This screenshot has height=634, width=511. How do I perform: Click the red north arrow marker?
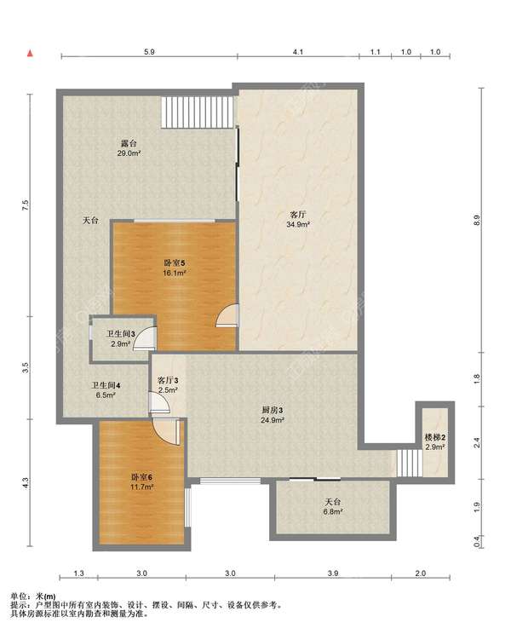pyautogui.click(x=30, y=54)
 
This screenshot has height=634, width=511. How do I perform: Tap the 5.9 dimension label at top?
pyautogui.click(x=149, y=52)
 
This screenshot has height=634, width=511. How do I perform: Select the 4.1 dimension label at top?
pyautogui.click(x=298, y=52)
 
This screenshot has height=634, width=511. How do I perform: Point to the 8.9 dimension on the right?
pyautogui.click(x=477, y=220)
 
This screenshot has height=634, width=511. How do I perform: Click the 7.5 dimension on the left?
pyautogui.click(x=26, y=205)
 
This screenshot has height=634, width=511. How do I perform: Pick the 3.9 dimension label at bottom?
pyautogui.click(x=333, y=573)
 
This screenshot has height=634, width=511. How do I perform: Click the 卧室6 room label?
pyautogui.click(x=141, y=477)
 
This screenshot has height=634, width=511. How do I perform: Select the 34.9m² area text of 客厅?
pyautogui.click(x=298, y=224)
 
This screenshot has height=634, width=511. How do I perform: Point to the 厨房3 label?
pyautogui.click(x=273, y=410)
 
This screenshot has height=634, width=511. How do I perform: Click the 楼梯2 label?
pyautogui.click(x=434, y=437)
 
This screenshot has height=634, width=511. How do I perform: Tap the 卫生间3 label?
pyautogui.click(x=120, y=334)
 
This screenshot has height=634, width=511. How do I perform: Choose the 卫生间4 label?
pyautogui.click(x=106, y=385)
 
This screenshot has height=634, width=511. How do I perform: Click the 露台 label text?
pyautogui.click(x=129, y=143)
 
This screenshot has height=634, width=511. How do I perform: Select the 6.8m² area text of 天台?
pyautogui.click(x=333, y=511)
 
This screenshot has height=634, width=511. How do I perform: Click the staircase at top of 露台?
pyautogui.click(x=198, y=112)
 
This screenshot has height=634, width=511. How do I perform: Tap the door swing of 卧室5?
pyautogui.click(x=228, y=315)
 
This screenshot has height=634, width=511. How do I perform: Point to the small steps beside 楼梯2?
pyautogui.click(x=409, y=463)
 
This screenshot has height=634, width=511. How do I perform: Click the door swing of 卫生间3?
pyautogui.click(x=145, y=338)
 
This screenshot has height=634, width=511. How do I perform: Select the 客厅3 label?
pyautogui.click(x=168, y=380)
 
